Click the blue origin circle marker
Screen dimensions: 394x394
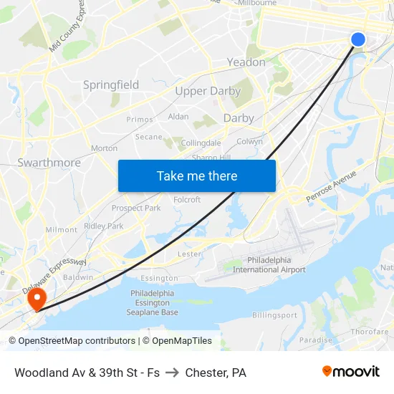tap(358, 39)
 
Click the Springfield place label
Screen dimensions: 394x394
tap(111, 85)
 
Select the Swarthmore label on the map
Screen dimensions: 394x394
tap(49, 163)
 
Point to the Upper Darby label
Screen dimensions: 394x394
tap(208, 91)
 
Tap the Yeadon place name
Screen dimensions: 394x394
tap(246, 62)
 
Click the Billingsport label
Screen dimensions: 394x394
tap(274, 315)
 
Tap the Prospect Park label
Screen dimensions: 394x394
tap(136, 208)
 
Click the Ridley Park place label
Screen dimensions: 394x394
tap(104, 226)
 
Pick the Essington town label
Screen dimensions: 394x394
tap(159, 278)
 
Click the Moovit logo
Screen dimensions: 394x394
tap(351, 372)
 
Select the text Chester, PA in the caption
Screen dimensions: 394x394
tap(216, 373)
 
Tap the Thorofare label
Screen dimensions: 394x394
tap(370, 332)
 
